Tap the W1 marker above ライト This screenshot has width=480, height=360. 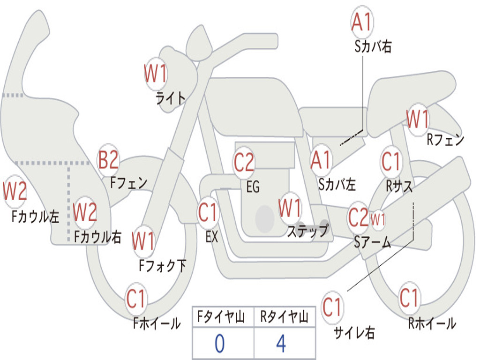pos(156,74)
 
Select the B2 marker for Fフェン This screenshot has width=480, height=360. pos(108,160)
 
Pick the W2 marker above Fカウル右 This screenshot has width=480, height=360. pos(85,212)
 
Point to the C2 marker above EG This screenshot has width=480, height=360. pos(244,162)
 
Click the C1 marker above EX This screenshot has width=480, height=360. pos(208,212)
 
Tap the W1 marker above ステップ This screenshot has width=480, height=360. pos(289,207)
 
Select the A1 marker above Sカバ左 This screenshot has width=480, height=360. pos(321,160)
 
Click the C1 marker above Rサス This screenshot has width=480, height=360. pos(391,161)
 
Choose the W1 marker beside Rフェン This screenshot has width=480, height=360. pos(418,119)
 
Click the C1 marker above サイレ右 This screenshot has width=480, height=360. pos(332,307)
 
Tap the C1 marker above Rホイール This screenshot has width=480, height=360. pos(409,298)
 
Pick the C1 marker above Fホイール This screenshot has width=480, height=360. pos(136,299)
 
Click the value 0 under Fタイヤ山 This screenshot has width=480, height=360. pos(220,344)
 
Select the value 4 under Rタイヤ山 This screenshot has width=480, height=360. pos(281,344)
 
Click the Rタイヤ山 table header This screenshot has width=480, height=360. pos(285,316)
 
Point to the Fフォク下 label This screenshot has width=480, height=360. pos(163,265)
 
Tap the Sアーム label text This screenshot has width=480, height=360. pos(373,242)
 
